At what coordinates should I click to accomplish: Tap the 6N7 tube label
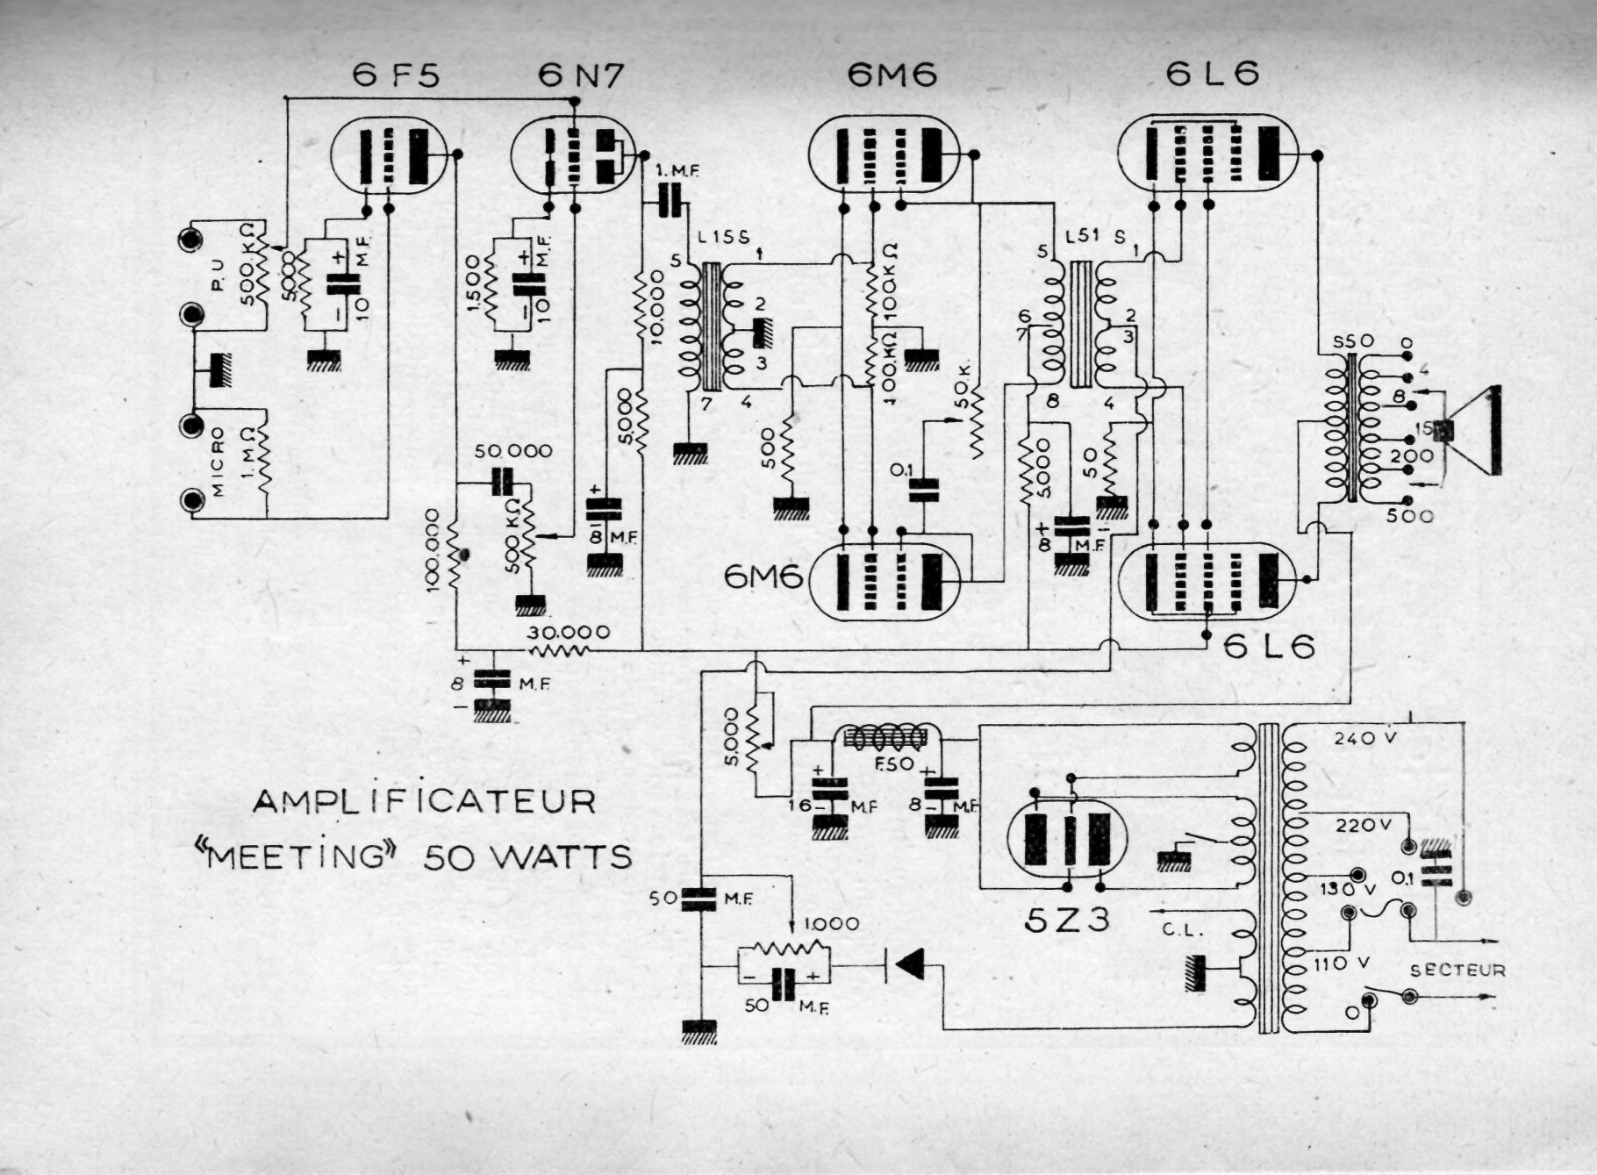(x=582, y=76)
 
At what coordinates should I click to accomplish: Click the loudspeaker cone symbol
(x=1478, y=430)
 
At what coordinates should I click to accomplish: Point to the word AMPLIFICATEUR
(x=425, y=800)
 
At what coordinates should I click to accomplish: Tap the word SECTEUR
(x=1457, y=970)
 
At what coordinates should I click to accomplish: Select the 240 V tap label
(x=1364, y=738)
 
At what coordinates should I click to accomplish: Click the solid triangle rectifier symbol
(x=909, y=965)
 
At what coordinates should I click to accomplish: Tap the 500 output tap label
(x=1409, y=517)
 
